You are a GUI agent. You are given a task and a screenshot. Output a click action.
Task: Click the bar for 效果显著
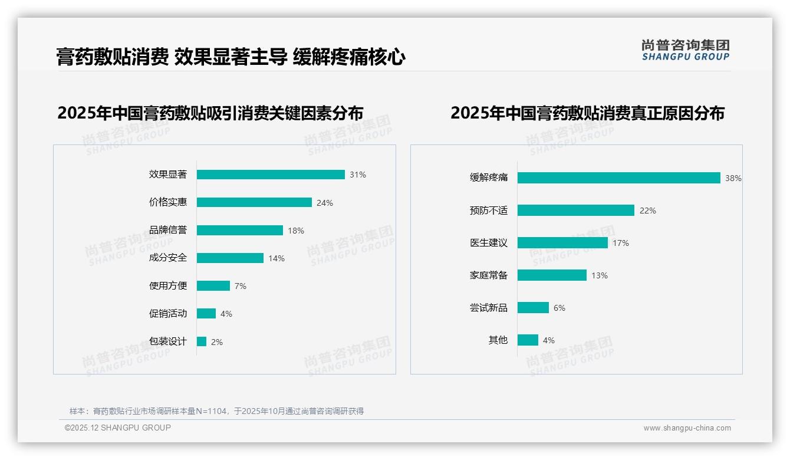click(x=271, y=175)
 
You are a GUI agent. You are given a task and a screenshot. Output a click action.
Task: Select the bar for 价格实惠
click(x=254, y=202)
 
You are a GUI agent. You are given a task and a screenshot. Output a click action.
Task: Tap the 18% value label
click(x=296, y=231)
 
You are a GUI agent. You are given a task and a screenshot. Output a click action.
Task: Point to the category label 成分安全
click(x=168, y=258)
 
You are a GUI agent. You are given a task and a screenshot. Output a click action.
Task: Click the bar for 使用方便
click(x=213, y=285)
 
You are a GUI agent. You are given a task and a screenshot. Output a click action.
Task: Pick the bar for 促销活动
click(x=206, y=314)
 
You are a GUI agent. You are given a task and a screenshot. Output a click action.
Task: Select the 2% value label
click(x=217, y=342)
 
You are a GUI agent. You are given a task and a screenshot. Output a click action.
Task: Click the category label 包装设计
click(x=168, y=341)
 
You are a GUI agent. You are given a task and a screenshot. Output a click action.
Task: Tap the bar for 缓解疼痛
click(x=619, y=178)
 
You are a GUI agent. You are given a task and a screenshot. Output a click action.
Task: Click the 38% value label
click(x=733, y=178)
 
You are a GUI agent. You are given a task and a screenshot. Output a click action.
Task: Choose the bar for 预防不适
click(x=576, y=211)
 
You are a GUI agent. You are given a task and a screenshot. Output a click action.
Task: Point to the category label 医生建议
click(x=489, y=243)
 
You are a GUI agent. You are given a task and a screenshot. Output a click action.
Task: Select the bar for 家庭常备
click(x=552, y=275)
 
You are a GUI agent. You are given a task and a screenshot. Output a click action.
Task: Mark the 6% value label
click(x=559, y=308)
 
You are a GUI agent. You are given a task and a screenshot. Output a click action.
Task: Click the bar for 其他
click(x=528, y=340)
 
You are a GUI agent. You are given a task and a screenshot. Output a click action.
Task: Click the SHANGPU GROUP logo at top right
click(x=686, y=50)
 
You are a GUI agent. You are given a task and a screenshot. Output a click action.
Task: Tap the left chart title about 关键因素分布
click(x=210, y=113)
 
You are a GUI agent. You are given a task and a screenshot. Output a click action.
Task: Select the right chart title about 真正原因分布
click(x=587, y=113)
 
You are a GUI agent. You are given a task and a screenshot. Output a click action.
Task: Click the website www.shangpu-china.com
click(x=687, y=428)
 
